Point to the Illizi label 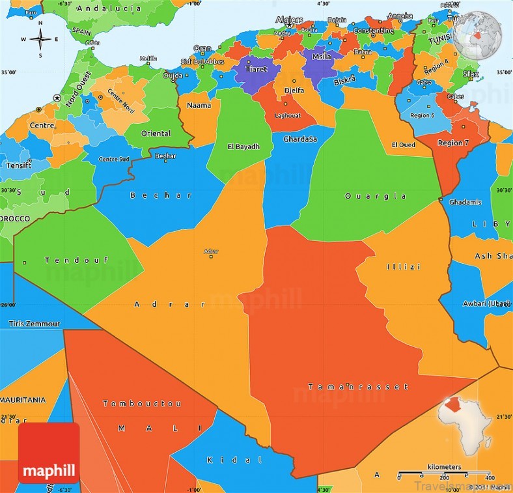point(404,267)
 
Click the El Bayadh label point(243,147)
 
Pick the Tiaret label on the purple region point(256,67)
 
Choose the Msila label point(322,57)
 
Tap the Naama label point(199,105)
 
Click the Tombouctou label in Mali point(142,404)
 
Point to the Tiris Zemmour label point(35,324)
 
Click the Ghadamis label point(465,202)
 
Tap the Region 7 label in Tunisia point(453,143)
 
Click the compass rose point(40,39)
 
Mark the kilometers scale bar point(444,473)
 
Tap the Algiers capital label point(289,20)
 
